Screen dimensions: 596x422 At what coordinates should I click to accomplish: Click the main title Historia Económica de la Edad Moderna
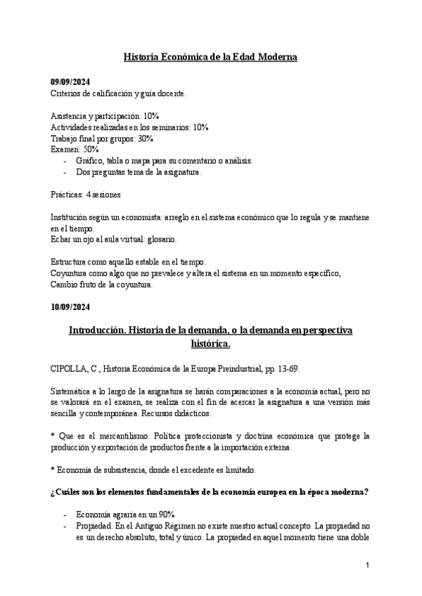coord(210,56)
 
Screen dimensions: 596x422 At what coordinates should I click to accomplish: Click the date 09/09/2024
coord(70,82)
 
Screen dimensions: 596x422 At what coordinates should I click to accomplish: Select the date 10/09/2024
coord(70,307)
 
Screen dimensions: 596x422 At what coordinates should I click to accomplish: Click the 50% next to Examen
coord(91,150)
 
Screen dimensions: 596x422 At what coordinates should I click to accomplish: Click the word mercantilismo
coord(115,436)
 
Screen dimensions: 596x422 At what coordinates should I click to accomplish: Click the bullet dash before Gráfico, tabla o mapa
coord(65,161)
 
